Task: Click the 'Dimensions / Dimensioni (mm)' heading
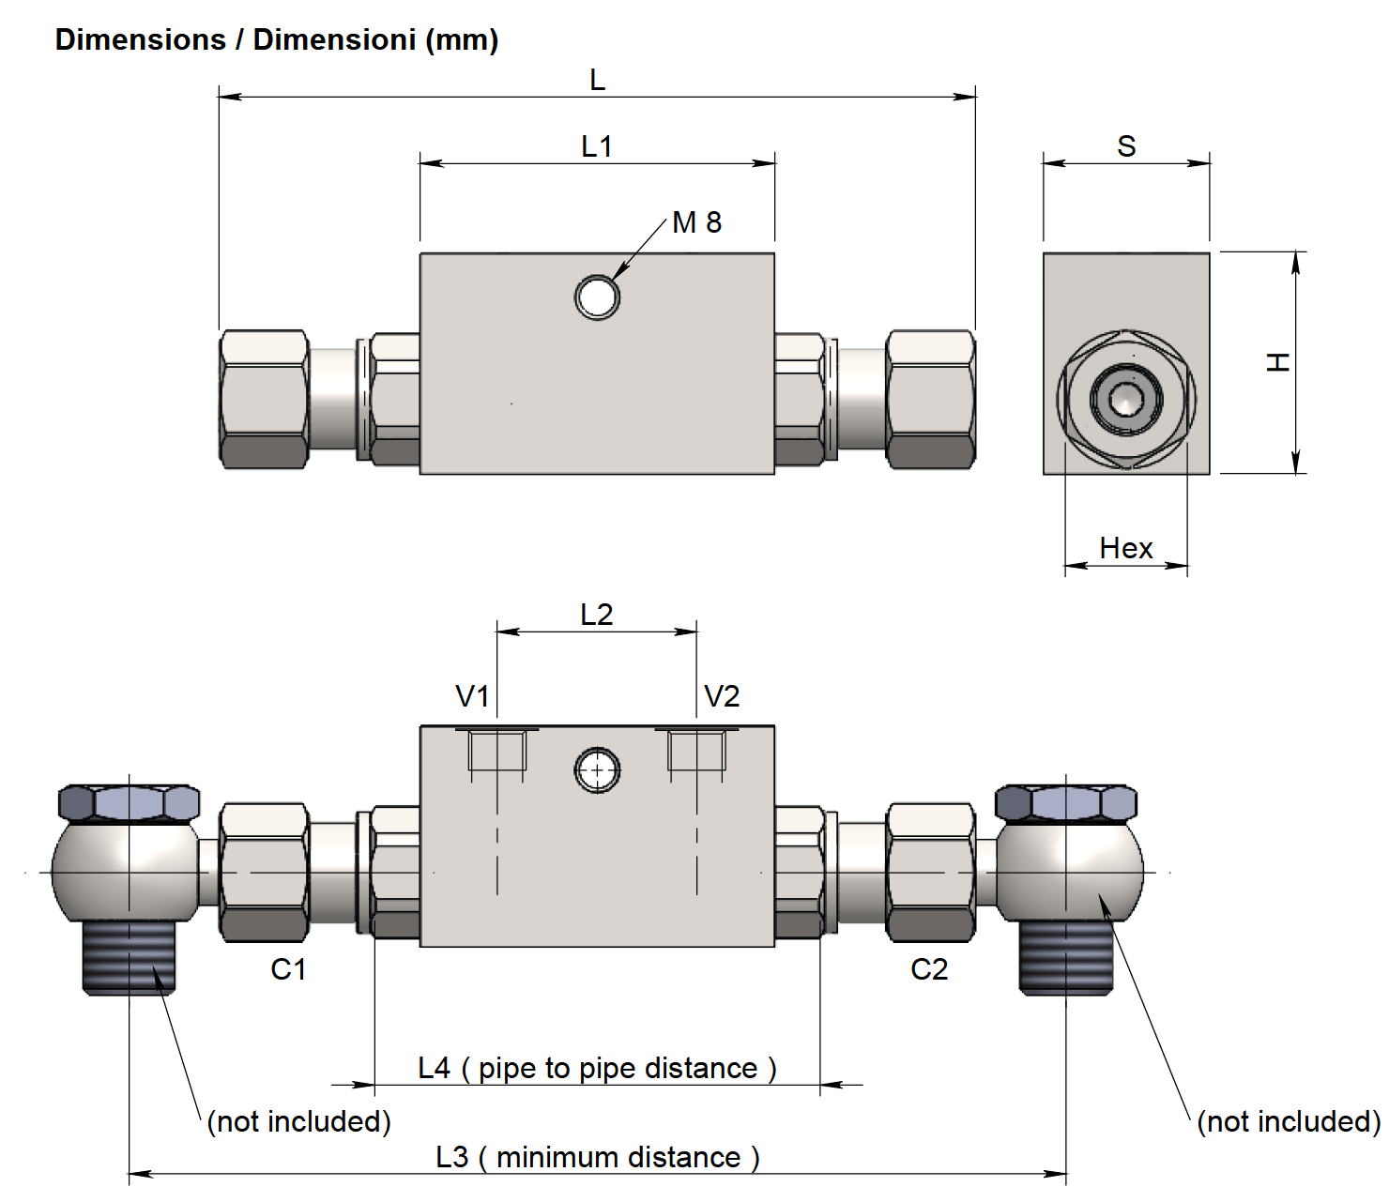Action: [277, 40]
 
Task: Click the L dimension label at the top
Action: [597, 80]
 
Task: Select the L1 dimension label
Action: [597, 146]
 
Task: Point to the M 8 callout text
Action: [696, 222]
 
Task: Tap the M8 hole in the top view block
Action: [597, 297]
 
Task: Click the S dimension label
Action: [1126, 146]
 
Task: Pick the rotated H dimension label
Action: [1278, 362]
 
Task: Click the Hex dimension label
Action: [1125, 548]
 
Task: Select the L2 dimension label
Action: [596, 615]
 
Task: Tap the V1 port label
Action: [472, 696]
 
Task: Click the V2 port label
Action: [722, 696]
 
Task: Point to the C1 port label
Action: [288, 969]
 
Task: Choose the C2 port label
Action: [929, 969]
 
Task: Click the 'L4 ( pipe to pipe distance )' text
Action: [597, 1068]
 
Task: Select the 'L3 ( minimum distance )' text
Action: [598, 1157]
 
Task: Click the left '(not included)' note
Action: [298, 1121]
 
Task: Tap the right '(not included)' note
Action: [1289, 1121]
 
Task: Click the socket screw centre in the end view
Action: [1125, 398]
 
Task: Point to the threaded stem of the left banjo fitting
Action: [129, 956]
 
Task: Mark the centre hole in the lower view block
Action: [597, 770]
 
